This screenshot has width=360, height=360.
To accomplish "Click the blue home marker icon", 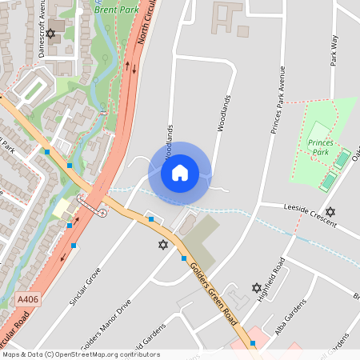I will pyautogui.click(x=180, y=172).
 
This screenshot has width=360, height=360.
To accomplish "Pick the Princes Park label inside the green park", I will pyautogui.click(x=319, y=146).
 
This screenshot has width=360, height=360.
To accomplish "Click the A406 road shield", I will pyautogui.click(x=26, y=299).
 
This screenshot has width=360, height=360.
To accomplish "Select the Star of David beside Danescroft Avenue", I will pyautogui.click(x=52, y=34).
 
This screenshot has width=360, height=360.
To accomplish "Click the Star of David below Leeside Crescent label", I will pyautogui.click(x=330, y=212).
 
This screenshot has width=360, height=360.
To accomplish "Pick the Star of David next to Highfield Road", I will pyautogui.click(x=256, y=287).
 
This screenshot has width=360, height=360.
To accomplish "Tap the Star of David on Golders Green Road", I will pyautogui.click(x=164, y=244).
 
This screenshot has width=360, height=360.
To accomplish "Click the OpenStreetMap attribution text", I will pyautogui.click(x=81, y=354).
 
